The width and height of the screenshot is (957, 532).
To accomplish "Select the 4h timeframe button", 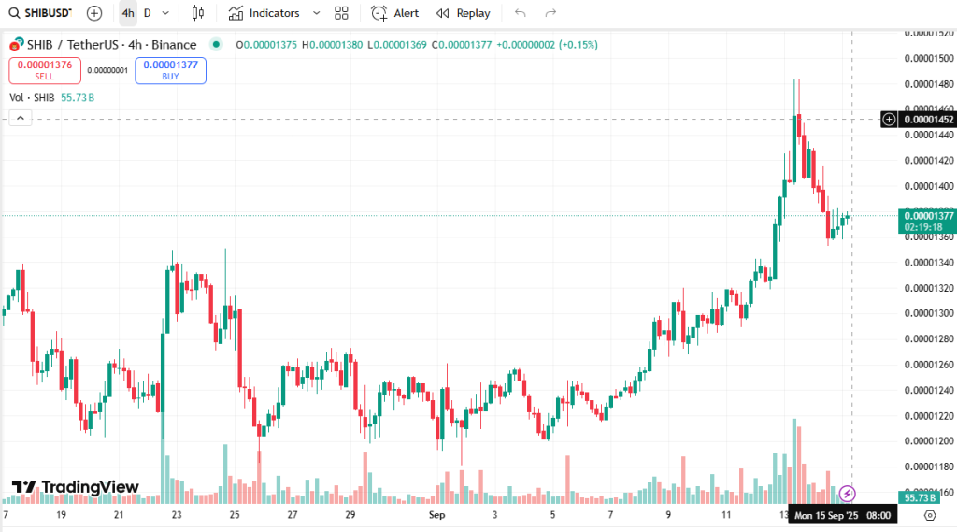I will [127, 13].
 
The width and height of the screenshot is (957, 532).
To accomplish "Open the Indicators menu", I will [264, 13].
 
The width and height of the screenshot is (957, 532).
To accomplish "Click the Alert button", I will [395, 13].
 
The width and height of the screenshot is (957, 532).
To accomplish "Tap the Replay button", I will [464, 13].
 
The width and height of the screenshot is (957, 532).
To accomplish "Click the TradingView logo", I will [76, 487].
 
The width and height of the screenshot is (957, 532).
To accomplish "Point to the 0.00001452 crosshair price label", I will [928, 120].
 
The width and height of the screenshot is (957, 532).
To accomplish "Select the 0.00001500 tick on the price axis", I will [928, 58].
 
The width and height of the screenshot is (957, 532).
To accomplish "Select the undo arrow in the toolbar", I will [521, 13].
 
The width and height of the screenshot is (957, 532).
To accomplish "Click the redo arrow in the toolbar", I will [550, 13].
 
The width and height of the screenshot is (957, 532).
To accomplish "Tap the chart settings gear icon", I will [929, 515].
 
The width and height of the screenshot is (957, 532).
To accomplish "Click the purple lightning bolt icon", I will [848, 493].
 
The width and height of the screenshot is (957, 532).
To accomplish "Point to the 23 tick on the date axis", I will [177, 515].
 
